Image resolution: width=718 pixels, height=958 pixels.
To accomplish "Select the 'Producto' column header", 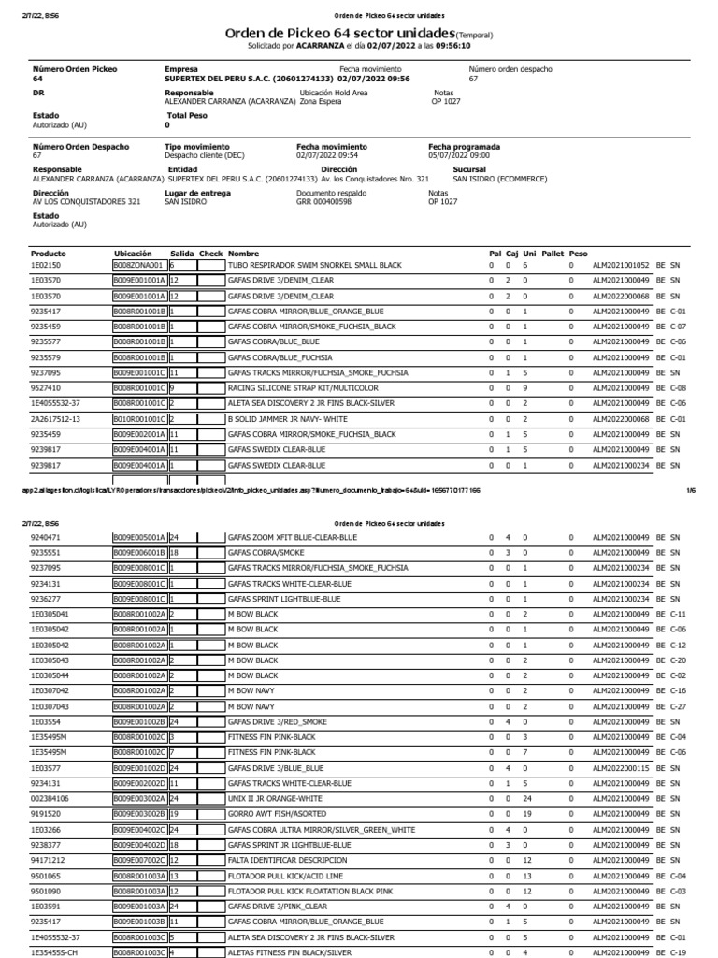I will click(49, 254).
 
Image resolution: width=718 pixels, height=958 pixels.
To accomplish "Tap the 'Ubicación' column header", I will click(133, 254).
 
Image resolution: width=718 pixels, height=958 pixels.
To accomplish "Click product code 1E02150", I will click(45, 266).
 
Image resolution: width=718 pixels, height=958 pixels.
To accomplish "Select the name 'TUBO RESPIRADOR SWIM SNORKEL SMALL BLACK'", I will click(314, 266).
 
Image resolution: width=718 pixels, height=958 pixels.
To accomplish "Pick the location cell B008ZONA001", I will click(139, 266).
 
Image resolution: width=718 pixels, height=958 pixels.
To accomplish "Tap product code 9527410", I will click(45, 387).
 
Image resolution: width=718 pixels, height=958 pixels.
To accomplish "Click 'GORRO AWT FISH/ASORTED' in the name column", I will click(276, 814).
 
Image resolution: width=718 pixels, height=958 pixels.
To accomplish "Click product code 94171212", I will click(47, 860).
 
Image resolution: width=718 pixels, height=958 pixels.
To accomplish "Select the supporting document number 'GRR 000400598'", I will click(323, 201).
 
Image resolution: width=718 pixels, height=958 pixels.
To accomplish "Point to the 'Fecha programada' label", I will click(464, 147).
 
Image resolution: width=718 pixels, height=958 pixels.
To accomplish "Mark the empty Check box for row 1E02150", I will click(210, 266).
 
